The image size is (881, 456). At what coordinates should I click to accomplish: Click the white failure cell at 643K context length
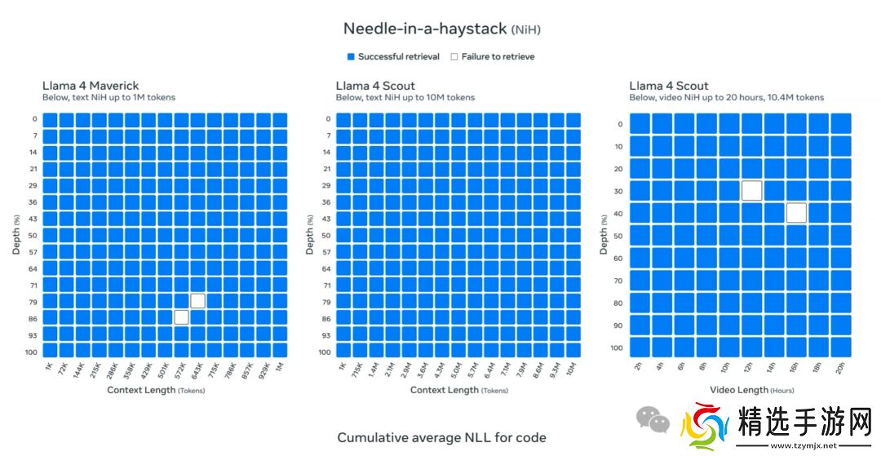pyautogui.click(x=197, y=301)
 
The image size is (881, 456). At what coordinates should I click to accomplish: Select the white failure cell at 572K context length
pyautogui.click(x=181, y=317)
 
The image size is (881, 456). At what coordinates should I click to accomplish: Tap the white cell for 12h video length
pyautogui.click(x=752, y=191)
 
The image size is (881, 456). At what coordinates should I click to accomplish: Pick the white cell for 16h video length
pyautogui.click(x=797, y=213)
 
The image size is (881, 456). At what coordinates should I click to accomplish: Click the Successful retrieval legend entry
pyautogui.click(x=393, y=57)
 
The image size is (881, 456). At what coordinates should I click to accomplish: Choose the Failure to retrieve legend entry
pyautogui.click(x=492, y=57)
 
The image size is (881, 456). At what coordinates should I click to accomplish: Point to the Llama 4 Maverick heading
pyautogui.click(x=91, y=86)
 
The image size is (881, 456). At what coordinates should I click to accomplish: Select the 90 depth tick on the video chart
pyautogui.click(x=618, y=325)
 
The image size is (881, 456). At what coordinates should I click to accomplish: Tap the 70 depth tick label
pyautogui.click(x=618, y=281)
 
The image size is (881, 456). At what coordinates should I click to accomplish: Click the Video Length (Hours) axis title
pyautogui.click(x=751, y=390)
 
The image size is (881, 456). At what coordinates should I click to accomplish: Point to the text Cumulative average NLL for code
pyautogui.click(x=441, y=437)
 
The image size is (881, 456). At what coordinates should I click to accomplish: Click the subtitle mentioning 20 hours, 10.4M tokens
pyautogui.click(x=726, y=98)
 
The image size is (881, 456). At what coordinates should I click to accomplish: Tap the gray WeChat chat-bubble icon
pyautogui.click(x=653, y=419)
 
